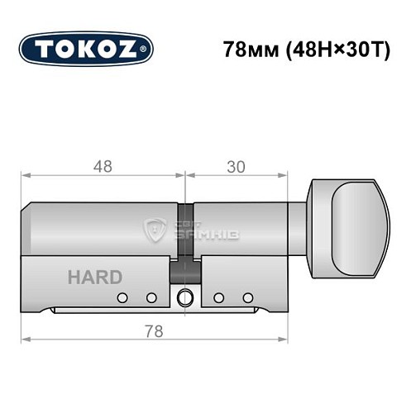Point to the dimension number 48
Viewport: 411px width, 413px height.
103,165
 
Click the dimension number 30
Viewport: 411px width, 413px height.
237,165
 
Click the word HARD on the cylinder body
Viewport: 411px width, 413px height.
94,277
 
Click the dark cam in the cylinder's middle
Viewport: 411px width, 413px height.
184,266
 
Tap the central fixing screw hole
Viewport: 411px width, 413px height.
184,297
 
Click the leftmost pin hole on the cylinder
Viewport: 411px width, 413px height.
122,297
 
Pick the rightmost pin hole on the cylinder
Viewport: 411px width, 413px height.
246,297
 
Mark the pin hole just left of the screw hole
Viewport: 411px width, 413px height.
151,297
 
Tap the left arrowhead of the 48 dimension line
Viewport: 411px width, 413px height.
25,175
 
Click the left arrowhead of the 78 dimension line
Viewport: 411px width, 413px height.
25,339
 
